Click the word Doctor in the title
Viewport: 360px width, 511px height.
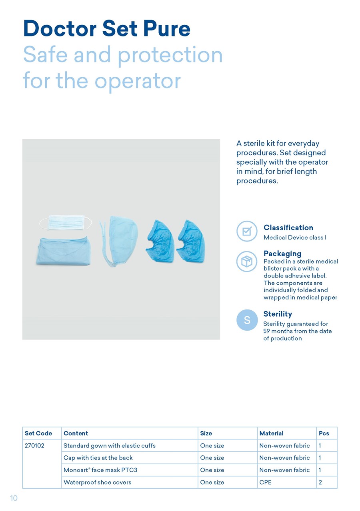click(x=60, y=28)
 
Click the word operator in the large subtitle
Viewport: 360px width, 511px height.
click(x=138, y=82)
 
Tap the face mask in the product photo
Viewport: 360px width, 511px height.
click(x=66, y=222)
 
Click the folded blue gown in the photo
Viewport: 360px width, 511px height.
click(x=64, y=251)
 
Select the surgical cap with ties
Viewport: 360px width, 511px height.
click(x=119, y=241)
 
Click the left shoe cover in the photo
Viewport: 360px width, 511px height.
click(x=160, y=241)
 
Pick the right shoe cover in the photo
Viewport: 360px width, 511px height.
click(x=191, y=241)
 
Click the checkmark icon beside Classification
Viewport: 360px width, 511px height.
click(x=247, y=231)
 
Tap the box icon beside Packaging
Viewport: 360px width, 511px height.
click(x=247, y=261)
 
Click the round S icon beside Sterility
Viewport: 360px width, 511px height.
click(x=247, y=320)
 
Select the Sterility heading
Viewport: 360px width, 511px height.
click(x=278, y=314)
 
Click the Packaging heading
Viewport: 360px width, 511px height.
click(x=282, y=254)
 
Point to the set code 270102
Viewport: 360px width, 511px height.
click(x=34, y=445)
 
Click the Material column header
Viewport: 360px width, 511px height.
click(x=272, y=433)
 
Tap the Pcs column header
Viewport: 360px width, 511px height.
click(x=324, y=433)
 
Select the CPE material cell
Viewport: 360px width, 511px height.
click(x=266, y=482)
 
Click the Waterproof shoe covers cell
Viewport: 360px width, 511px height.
click(x=98, y=482)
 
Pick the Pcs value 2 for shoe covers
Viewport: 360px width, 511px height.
click(x=320, y=482)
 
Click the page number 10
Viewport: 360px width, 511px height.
click(x=14, y=498)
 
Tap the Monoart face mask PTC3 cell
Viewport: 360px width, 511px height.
click(x=100, y=470)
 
